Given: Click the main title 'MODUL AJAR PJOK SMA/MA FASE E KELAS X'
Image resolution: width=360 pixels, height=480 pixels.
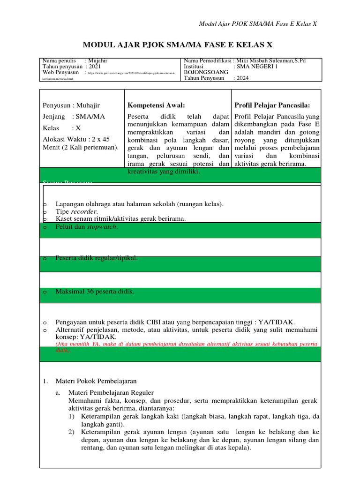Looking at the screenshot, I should pyautogui.click(x=177, y=45).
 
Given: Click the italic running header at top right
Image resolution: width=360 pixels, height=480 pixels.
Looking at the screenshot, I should pyautogui.click(x=258, y=24).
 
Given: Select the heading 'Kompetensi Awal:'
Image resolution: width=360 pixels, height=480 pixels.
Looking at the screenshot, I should pyautogui.click(x=156, y=105).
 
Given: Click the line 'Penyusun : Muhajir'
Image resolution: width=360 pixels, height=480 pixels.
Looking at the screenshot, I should pyautogui.click(x=71, y=105).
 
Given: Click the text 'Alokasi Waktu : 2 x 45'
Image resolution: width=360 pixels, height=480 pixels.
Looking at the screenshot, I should pyautogui.click(x=76, y=139).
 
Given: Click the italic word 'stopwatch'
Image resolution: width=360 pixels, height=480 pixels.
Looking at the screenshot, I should pyautogui.click(x=103, y=227).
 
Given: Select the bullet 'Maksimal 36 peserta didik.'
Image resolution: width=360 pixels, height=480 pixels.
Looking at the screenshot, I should pyautogui.click(x=95, y=292).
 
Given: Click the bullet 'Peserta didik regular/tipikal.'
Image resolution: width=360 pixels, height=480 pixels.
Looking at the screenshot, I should pyautogui.click(x=97, y=258).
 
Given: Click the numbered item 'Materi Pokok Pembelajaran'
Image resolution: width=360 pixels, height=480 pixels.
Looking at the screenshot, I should pyautogui.click(x=96, y=381).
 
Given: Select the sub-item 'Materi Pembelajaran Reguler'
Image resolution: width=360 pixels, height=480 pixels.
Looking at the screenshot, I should pyautogui.click(x=111, y=392).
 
